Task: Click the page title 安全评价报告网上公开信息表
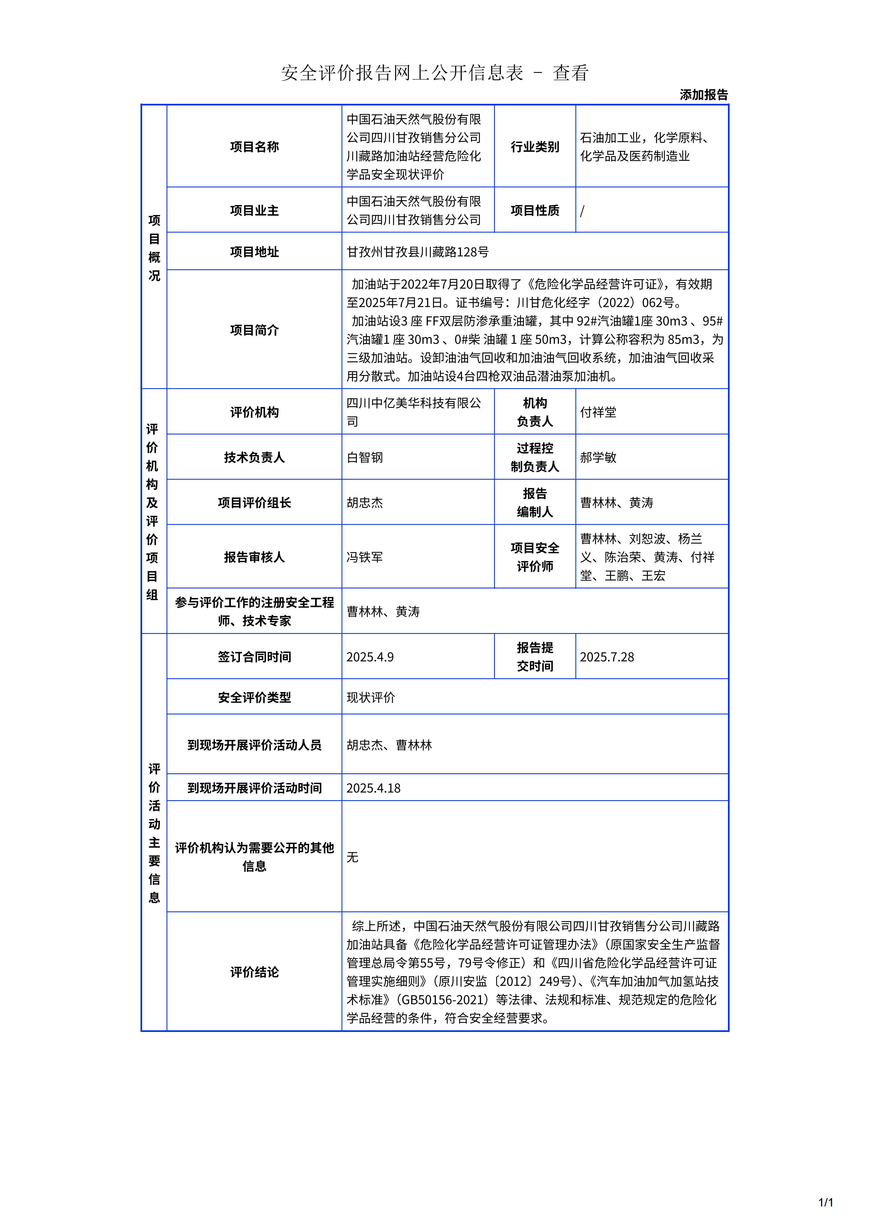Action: pos(401,73)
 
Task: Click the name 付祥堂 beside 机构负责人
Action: pos(598,412)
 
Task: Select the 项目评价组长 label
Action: pos(254,502)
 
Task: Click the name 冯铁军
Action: pos(365,557)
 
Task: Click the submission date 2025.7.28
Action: pos(607,657)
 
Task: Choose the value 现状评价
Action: pos(371,697)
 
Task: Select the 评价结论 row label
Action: pos(254,972)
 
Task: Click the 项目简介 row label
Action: pos(254,330)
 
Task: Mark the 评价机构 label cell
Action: pos(254,412)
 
